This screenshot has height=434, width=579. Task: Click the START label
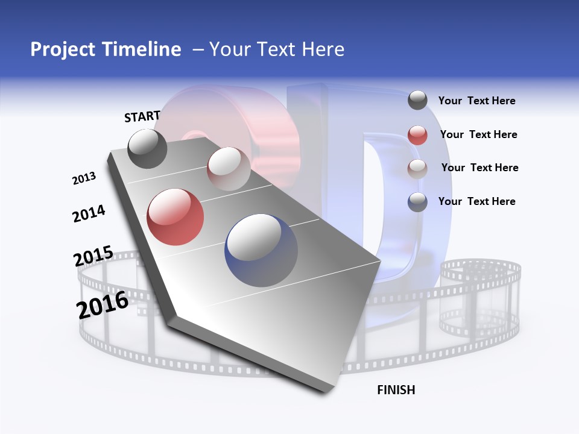click(142, 116)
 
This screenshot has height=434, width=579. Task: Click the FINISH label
click(396, 390)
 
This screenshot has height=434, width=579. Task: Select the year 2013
click(84, 178)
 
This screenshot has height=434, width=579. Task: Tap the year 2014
click(89, 213)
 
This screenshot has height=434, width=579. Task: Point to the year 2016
click(103, 305)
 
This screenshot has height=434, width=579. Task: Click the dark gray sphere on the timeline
click(147, 149)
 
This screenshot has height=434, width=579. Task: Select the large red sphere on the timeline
click(175, 217)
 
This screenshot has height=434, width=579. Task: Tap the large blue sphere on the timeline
click(261, 250)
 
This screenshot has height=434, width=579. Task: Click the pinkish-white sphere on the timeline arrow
click(229, 169)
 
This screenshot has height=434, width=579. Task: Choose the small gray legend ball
click(417, 100)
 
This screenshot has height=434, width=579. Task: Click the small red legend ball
click(417, 135)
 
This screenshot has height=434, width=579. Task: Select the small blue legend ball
click(417, 202)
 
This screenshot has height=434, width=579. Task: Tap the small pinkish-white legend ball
click(417, 169)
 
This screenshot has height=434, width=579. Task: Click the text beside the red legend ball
click(478, 134)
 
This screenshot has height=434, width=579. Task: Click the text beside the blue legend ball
click(476, 201)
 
